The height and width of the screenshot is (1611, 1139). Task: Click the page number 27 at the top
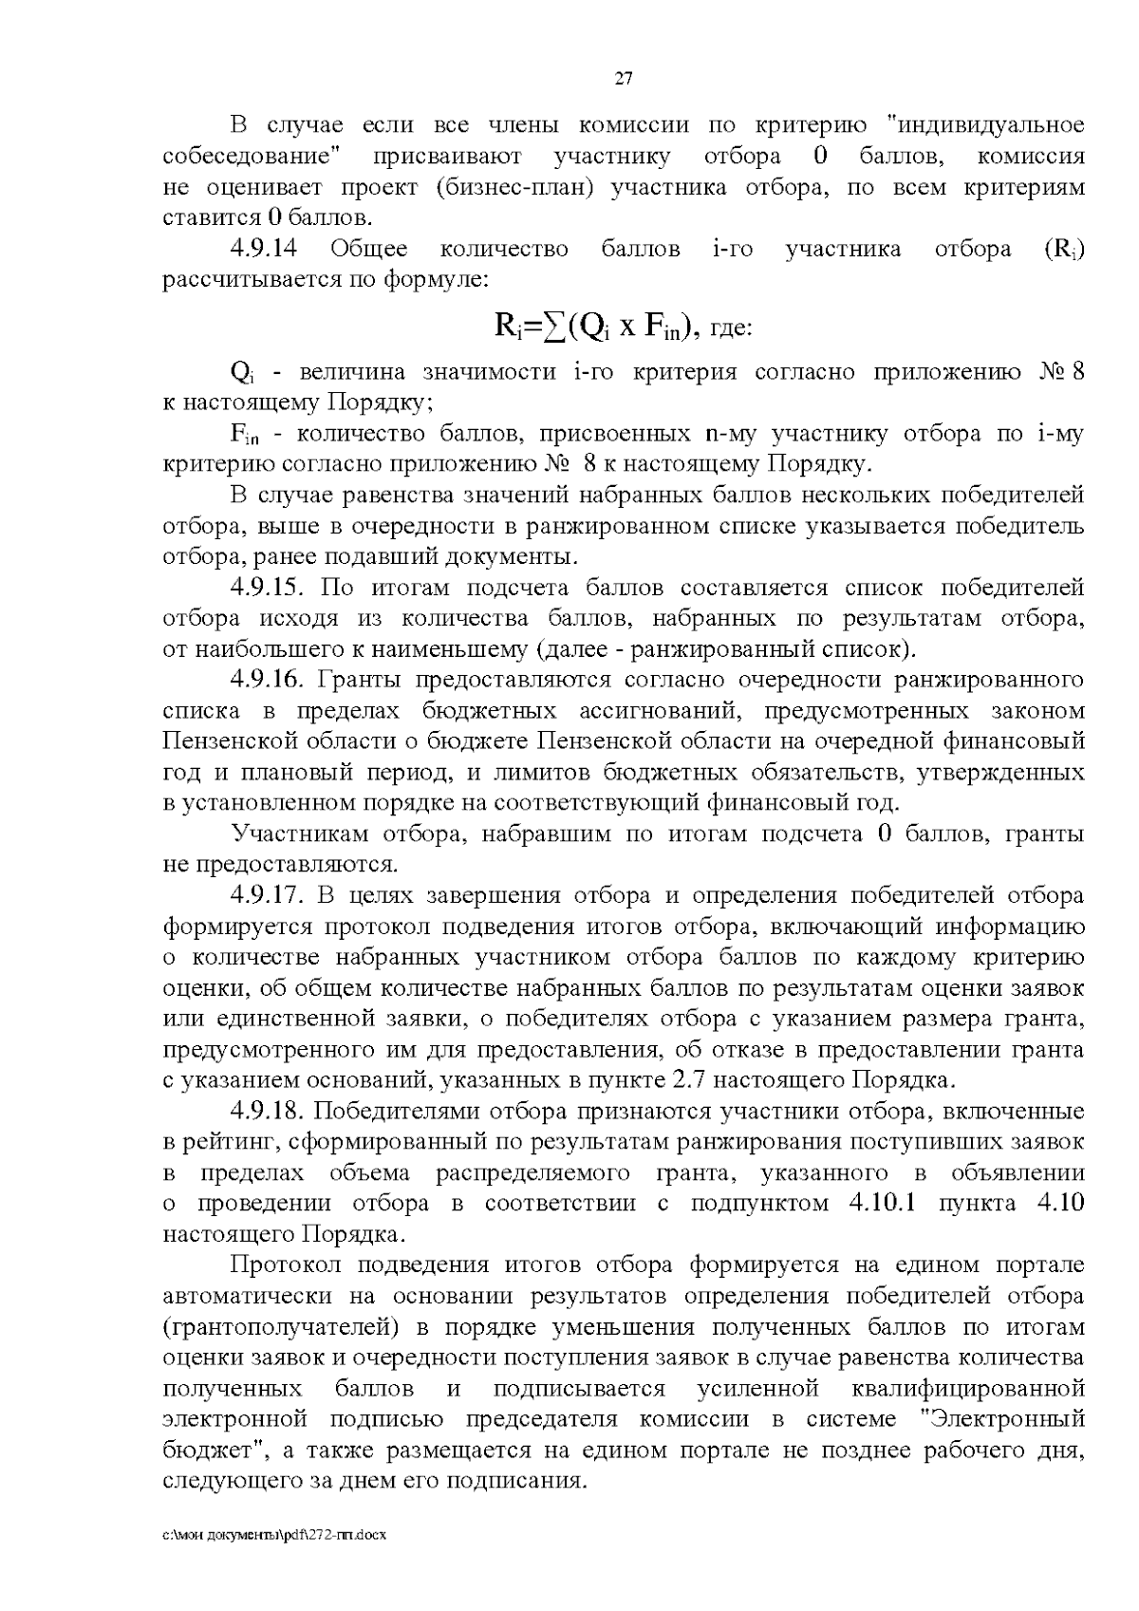tap(624, 79)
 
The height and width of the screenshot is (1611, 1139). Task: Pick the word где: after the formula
tap(731, 329)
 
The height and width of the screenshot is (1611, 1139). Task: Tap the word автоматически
tap(248, 1297)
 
